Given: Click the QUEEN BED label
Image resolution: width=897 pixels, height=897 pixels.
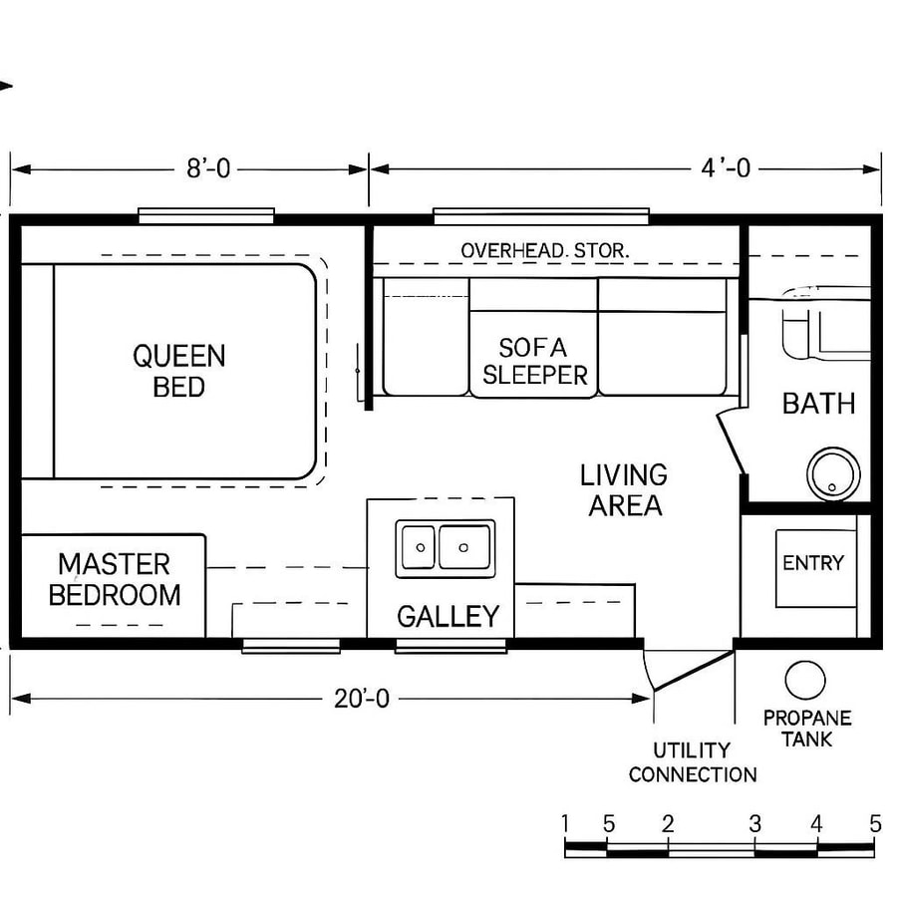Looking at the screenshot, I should click(179, 371).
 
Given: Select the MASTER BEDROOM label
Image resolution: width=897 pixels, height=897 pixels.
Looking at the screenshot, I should click(115, 580).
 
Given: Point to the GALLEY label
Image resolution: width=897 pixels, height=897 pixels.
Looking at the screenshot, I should click(448, 616).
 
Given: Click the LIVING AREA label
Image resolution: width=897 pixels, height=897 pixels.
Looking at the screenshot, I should click(624, 490).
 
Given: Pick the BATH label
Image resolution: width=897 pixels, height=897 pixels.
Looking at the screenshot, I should click(818, 404).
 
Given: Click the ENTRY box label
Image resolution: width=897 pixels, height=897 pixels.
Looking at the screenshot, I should click(813, 563).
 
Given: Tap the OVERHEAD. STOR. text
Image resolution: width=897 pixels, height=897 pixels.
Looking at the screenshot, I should click(544, 251).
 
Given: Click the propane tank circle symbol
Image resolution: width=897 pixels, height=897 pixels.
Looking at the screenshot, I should click(804, 680).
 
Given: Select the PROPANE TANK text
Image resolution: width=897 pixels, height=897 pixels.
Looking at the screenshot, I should click(807, 729).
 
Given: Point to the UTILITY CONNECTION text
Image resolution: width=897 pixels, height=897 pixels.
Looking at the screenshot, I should click(693, 762).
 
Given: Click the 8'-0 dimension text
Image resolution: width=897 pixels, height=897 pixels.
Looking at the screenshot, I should click(208, 169).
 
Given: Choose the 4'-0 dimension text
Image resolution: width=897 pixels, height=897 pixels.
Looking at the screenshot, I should click(726, 169).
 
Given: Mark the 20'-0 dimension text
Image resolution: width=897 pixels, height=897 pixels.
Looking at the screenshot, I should click(362, 699).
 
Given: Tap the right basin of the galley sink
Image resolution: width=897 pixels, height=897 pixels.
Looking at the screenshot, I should click(465, 547).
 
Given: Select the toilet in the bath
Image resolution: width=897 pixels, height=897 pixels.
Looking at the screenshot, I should click(807, 329).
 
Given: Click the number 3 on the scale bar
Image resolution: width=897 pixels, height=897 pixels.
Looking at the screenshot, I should click(755, 824).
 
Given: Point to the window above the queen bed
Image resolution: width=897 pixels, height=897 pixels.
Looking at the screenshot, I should click(206, 214).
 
